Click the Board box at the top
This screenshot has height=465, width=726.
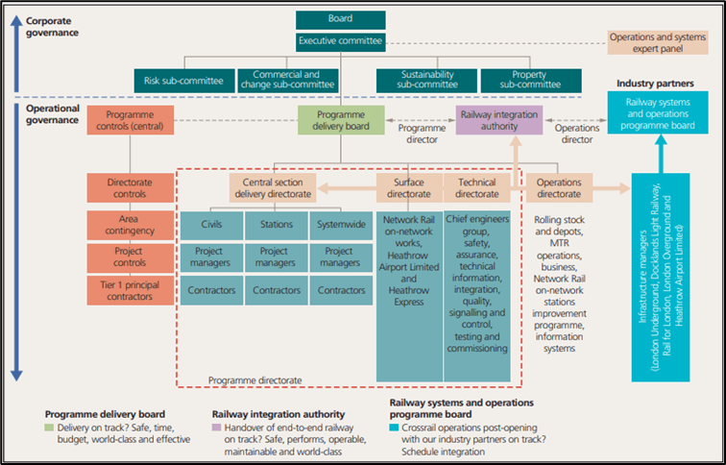341,19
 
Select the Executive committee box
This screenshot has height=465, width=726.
341,41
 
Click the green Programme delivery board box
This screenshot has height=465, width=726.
341,120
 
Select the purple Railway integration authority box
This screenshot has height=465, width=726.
498,120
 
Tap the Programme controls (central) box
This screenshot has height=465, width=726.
128,120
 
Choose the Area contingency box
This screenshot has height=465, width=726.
128,226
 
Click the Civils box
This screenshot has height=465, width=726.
210,226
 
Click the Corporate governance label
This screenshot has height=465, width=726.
53,25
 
